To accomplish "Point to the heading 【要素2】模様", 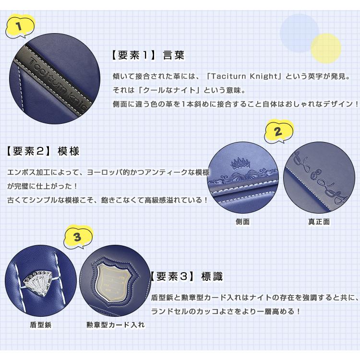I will click(x=43, y=151).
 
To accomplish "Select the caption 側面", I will click(x=242, y=222).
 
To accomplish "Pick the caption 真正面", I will click(x=319, y=222).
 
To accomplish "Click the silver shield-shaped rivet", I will click(x=39, y=280).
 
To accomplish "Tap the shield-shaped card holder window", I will click(x=115, y=280).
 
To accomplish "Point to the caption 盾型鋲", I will click(x=40, y=325).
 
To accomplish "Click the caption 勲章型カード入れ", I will click(x=115, y=325).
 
